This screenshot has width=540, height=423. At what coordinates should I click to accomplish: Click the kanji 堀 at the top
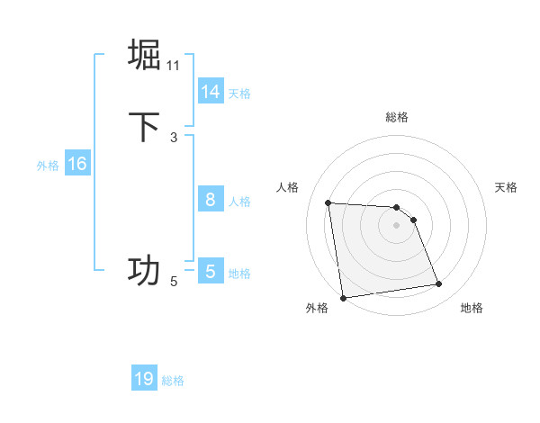click(x=144, y=54)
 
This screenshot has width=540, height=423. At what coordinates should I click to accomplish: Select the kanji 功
click(x=144, y=270)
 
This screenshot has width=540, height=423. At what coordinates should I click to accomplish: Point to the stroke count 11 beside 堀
click(x=174, y=65)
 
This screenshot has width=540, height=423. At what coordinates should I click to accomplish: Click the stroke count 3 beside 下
click(x=174, y=137)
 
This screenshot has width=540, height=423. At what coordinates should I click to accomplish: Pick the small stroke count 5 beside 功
click(x=174, y=282)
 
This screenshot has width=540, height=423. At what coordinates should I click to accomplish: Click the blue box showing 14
click(x=210, y=92)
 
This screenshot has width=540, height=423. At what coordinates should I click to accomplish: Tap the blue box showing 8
click(x=210, y=200)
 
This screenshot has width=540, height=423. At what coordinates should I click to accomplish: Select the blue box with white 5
click(x=210, y=272)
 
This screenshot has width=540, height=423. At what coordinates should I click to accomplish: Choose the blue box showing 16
click(x=76, y=164)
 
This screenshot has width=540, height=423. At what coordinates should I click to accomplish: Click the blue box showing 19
click(x=144, y=379)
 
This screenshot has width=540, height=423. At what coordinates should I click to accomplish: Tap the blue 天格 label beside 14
click(x=239, y=93)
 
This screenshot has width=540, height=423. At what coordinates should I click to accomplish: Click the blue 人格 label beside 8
click(x=239, y=201)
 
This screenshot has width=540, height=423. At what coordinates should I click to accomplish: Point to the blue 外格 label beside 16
click(x=48, y=165)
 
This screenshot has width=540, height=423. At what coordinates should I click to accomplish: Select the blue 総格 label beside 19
click(x=173, y=380)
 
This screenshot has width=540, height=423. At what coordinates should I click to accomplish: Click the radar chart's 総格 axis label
click(x=397, y=117)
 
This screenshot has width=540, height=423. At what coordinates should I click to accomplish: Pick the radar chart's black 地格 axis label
click(x=472, y=308)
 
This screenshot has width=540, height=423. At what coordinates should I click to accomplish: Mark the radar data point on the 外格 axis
click(x=343, y=298)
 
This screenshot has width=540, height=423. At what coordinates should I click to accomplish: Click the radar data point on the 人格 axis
click(x=328, y=202)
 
